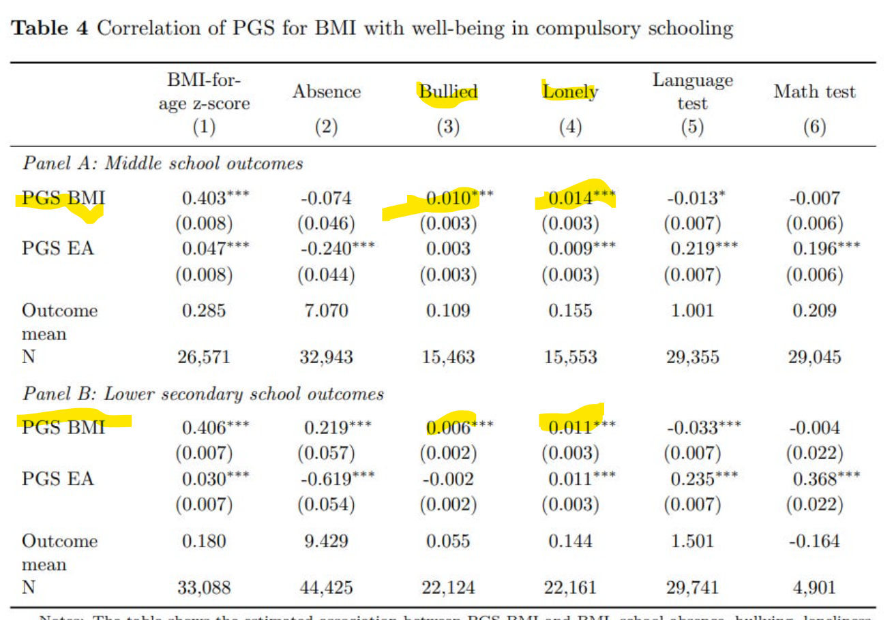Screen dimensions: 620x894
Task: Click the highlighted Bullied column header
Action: tap(447, 93)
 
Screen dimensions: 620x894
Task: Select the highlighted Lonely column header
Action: tap(570, 92)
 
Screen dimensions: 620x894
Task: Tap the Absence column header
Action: tap(327, 93)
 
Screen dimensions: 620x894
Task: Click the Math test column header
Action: tap(814, 93)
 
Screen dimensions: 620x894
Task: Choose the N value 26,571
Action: tap(204, 356)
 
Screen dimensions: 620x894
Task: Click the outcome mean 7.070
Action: tap(327, 311)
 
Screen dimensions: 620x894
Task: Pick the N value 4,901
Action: tap(815, 587)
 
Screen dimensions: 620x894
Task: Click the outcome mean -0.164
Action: tap(815, 542)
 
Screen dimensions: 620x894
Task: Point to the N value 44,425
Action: tap(327, 587)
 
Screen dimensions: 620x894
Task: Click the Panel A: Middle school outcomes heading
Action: tap(163, 164)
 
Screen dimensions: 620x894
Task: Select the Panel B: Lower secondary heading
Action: tap(203, 394)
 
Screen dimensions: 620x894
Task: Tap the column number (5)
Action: tap(692, 128)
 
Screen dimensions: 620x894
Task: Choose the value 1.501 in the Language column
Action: tap(692, 542)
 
